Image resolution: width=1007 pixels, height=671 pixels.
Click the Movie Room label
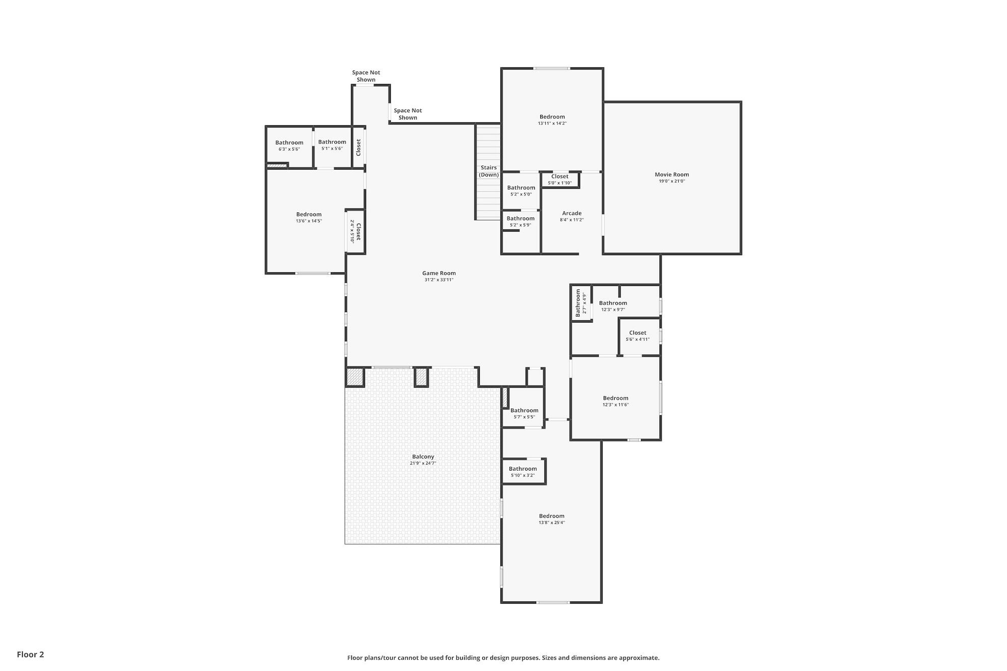click(x=672, y=175)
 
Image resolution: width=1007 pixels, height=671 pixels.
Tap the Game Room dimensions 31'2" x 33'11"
click(x=439, y=280)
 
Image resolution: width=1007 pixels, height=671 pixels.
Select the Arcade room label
click(x=571, y=213)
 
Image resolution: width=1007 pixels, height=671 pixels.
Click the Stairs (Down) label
click(x=488, y=171)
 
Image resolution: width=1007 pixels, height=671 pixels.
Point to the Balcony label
click(x=423, y=457)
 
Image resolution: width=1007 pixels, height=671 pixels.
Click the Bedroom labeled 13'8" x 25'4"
click(x=551, y=516)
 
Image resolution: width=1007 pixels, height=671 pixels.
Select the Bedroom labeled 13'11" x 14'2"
click(x=552, y=117)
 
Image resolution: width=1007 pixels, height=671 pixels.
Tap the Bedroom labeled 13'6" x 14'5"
click(x=309, y=214)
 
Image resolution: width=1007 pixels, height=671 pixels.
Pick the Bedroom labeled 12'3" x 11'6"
click(x=615, y=398)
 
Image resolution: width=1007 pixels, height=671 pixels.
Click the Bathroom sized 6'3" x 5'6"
click(x=289, y=143)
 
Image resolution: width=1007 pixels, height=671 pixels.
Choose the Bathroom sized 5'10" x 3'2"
click(x=523, y=469)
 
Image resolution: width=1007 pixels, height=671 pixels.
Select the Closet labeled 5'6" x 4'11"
click(x=637, y=333)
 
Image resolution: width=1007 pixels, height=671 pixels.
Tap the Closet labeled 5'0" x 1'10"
click(x=559, y=177)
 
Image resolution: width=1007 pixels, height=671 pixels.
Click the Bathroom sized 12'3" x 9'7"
click(x=613, y=303)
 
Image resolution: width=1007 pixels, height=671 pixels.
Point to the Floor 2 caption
click(x=30, y=654)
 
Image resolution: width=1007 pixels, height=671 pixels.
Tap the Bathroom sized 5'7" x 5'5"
click(x=524, y=411)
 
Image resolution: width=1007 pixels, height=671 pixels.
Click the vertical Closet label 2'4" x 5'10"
click(x=358, y=232)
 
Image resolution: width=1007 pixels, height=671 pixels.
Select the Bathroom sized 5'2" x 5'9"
click(x=520, y=219)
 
